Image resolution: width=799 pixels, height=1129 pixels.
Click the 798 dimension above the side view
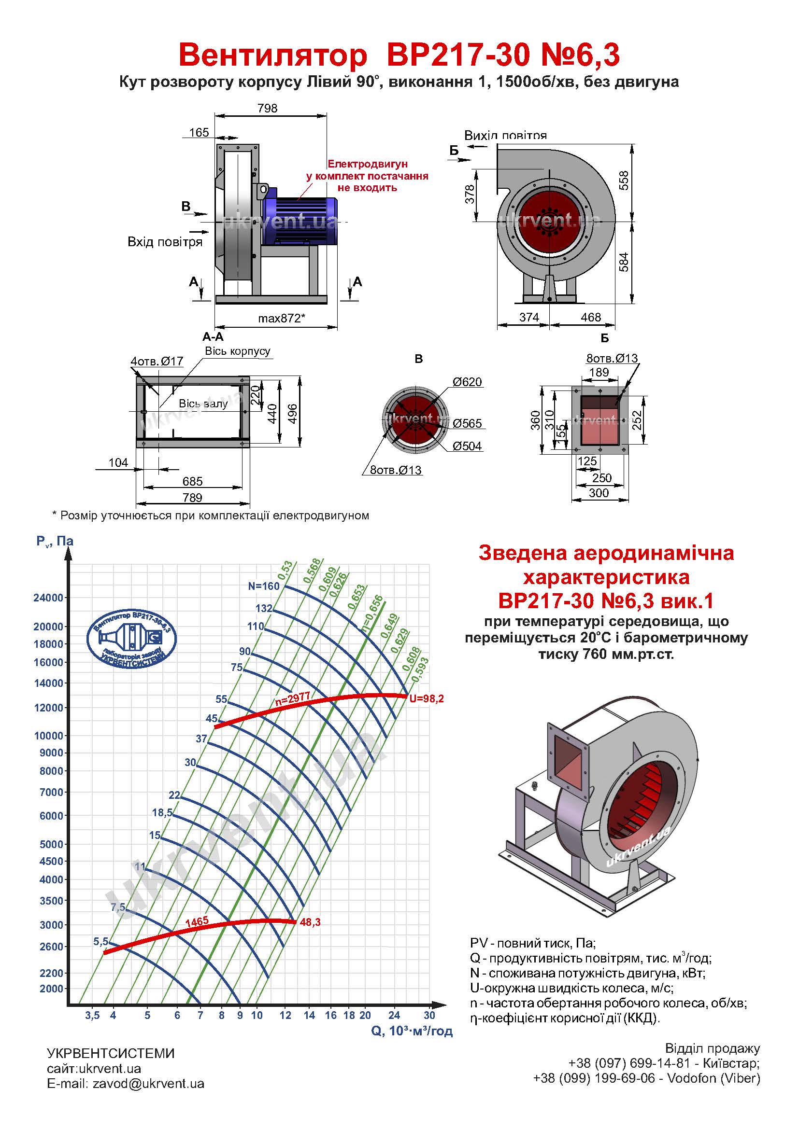coord(267,108)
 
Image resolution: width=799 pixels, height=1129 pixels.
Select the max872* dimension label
coord(282,318)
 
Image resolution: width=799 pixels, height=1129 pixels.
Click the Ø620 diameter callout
coord(467,382)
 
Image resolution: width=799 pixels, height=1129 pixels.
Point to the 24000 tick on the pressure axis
coord(48,598)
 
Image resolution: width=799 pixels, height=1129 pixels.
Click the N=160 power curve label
coord(264,586)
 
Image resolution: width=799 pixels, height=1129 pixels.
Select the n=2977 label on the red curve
coord(292,699)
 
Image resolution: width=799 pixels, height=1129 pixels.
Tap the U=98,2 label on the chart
coord(427,699)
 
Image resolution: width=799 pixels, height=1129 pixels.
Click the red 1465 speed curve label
coord(197,921)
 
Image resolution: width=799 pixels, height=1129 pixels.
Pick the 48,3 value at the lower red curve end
coord(310,922)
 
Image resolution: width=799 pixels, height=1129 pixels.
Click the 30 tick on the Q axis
coord(429,1016)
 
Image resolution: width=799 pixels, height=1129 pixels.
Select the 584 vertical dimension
coord(623,262)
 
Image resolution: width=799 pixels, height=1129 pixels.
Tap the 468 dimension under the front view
coord(590,317)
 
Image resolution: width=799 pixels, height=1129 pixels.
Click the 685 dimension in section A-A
coord(192,481)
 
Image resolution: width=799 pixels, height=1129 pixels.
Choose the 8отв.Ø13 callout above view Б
coord(612,358)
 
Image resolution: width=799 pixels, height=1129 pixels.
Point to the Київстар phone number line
coord(664,1063)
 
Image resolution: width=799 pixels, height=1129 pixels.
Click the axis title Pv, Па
coord(55,542)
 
